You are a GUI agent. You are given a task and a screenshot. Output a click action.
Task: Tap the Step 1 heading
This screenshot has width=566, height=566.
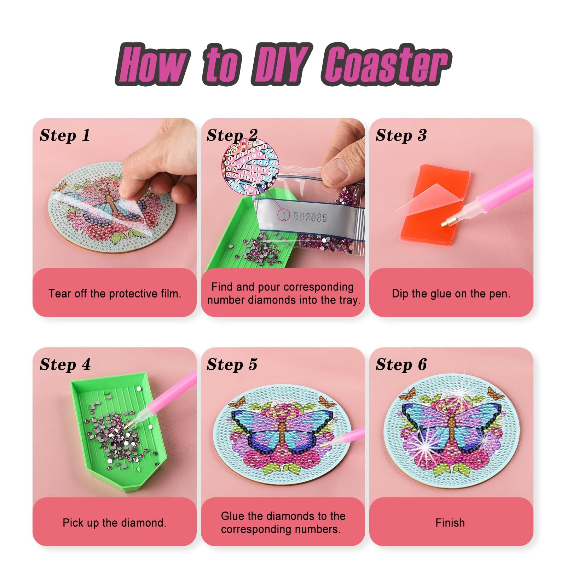click(65, 135)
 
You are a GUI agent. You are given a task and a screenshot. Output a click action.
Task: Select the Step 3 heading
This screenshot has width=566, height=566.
click(401, 135)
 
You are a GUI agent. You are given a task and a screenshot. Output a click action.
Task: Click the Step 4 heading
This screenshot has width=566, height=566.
click(65, 365)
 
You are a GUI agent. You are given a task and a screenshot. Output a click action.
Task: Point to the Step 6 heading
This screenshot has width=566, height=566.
click(401, 365)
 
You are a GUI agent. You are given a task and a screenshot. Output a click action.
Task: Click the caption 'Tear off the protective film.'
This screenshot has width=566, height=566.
click(115, 294)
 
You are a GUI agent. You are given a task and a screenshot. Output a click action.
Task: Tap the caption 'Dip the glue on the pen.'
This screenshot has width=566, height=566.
click(451, 294)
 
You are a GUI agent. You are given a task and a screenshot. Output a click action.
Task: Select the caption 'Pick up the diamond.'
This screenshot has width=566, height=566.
click(114, 523)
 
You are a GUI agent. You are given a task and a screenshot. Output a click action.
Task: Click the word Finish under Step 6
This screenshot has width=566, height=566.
click(450, 523)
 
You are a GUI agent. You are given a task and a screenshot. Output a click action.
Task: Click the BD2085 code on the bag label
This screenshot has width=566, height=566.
click(310, 216)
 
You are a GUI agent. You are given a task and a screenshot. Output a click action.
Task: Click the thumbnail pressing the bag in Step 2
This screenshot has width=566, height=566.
click(334, 170)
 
